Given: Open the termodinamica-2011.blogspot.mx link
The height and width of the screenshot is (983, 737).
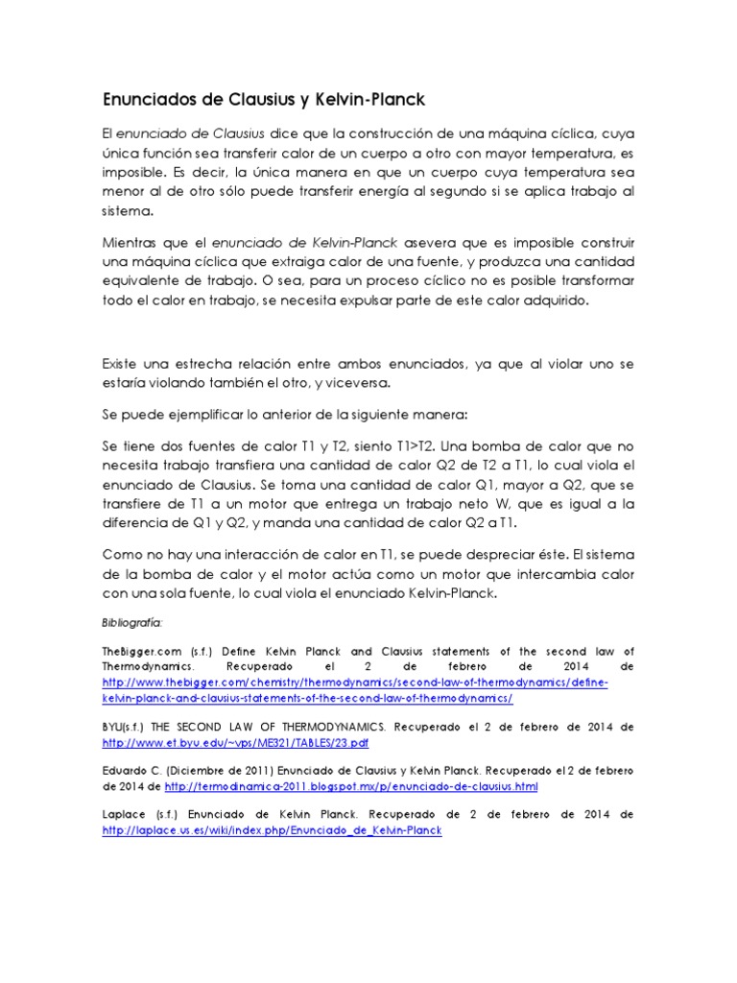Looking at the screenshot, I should pos(351,786).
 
